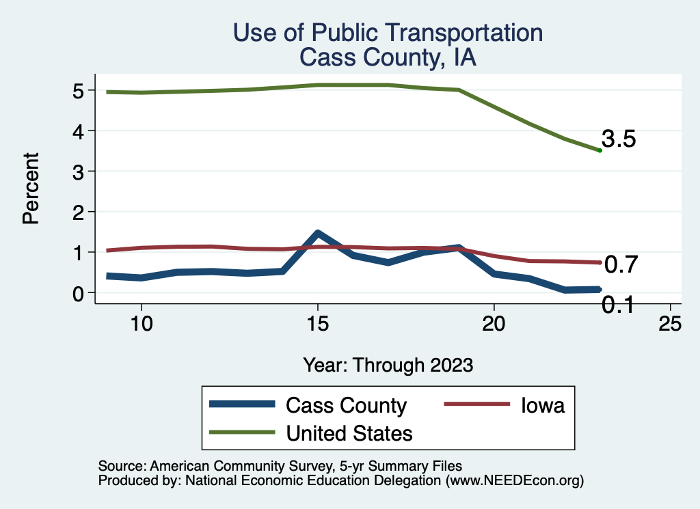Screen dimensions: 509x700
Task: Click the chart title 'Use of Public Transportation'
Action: click(388, 33)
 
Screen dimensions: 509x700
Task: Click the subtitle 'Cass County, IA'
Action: click(388, 57)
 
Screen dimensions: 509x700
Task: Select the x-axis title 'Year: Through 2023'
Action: click(388, 365)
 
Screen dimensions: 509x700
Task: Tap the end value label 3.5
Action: click(619, 139)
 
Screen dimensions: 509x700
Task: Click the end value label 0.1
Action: click(617, 305)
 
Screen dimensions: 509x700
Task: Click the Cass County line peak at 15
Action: click(317, 234)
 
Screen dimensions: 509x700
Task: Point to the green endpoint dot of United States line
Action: click(600, 150)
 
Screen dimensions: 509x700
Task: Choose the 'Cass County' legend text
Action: click(346, 405)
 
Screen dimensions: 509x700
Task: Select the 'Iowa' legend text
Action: click(543, 405)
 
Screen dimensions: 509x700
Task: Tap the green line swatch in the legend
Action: click(243, 432)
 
